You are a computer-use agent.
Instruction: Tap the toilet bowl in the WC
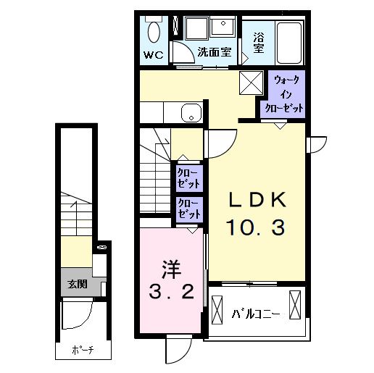tap(154, 32)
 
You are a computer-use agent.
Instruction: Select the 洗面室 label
tap(215, 53)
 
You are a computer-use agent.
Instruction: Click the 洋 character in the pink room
tap(170, 269)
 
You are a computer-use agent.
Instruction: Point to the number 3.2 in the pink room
tap(173, 293)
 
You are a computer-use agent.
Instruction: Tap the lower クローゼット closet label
tap(189, 209)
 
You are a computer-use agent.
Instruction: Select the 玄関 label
tap(77, 285)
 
